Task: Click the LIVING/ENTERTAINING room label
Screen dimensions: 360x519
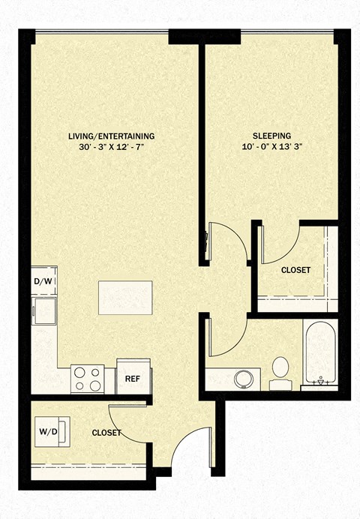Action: [x=112, y=136]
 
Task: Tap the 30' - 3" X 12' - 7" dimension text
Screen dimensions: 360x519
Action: [x=112, y=147]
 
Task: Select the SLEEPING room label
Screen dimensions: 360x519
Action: [x=272, y=136]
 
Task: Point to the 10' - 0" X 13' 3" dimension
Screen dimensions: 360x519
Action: [x=272, y=147]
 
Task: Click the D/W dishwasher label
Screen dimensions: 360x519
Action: [x=43, y=282]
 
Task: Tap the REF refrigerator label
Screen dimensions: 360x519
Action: [x=132, y=379]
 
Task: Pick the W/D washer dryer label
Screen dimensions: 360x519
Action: [x=48, y=431]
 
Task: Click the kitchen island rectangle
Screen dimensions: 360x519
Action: [x=125, y=298]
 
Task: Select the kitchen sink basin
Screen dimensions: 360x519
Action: [x=44, y=311]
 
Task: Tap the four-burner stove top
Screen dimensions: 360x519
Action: [x=88, y=379]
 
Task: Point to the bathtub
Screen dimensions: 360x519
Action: [x=321, y=352]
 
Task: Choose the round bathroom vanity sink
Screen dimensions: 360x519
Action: [x=244, y=379]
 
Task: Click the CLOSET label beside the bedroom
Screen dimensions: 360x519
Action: [x=295, y=270]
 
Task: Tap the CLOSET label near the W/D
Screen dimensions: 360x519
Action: [x=106, y=433]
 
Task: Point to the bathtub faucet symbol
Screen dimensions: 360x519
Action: [x=320, y=381]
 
